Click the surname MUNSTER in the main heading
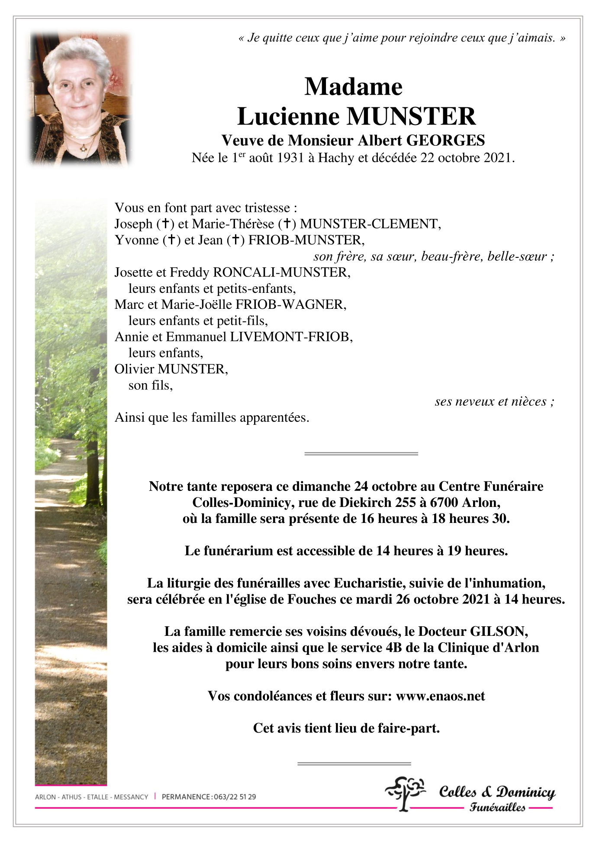tap(411, 116)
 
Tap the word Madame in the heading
tap(353, 87)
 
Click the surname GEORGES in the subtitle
tap(445, 140)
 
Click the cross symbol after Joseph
tap(165, 224)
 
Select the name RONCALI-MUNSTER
tap(281, 272)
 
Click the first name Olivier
tap(134, 369)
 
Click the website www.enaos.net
tap(440, 696)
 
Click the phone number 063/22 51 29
tap(235, 797)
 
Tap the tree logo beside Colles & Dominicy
tap(405, 792)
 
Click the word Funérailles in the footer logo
tap(497, 807)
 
